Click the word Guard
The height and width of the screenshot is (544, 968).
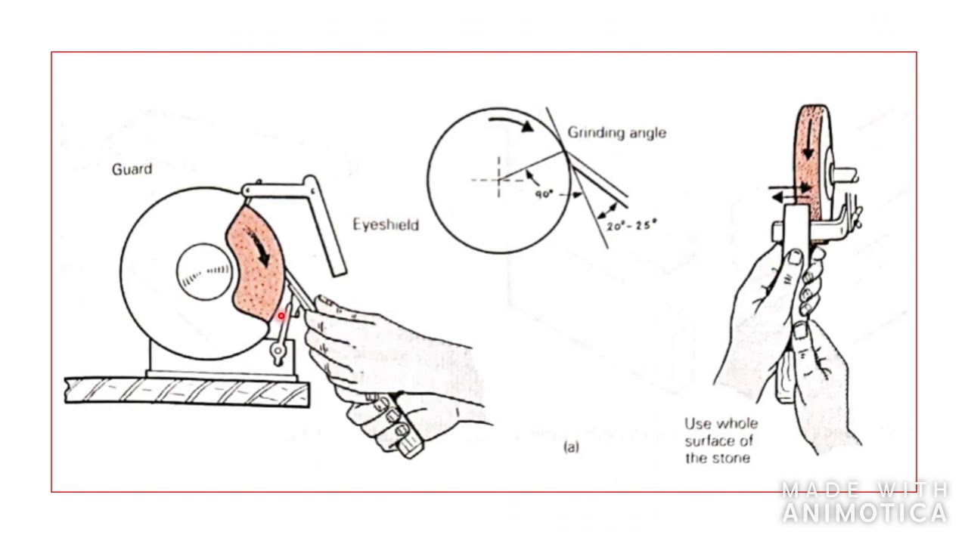click(x=132, y=169)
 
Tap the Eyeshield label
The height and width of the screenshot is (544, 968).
click(x=386, y=224)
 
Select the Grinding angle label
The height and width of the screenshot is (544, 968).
click(x=617, y=133)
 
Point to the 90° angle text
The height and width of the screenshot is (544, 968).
click(x=544, y=193)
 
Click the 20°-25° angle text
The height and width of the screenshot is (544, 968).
click(x=631, y=224)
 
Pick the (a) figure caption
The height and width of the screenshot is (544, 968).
click(x=571, y=447)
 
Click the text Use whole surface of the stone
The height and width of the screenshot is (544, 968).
click(x=720, y=440)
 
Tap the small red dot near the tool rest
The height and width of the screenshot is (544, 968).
click(x=281, y=316)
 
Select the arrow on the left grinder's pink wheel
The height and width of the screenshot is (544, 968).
click(x=262, y=250)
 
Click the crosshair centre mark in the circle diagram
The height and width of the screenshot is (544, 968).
click(x=498, y=179)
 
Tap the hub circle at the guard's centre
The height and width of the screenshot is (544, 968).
click(x=206, y=272)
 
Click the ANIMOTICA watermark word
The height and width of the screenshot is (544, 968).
click(x=864, y=513)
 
